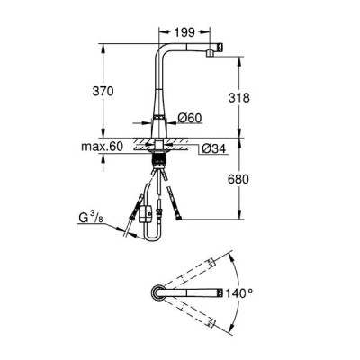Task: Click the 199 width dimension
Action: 184,32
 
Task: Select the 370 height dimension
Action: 103,91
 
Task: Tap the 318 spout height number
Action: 238,98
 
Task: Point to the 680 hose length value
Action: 238,179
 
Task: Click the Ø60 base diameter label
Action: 190,118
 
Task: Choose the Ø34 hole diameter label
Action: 213,148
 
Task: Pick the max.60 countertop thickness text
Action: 102,147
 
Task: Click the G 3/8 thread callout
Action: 91,218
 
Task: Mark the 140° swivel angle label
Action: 239,292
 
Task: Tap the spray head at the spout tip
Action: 214,49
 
